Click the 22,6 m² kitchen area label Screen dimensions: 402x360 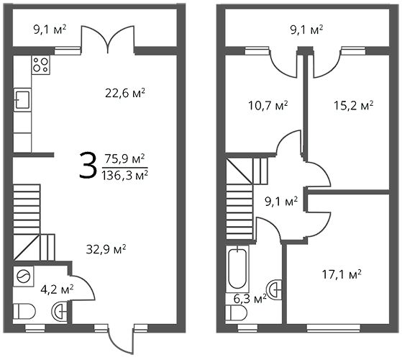(125, 93)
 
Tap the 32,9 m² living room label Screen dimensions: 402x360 (106, 249)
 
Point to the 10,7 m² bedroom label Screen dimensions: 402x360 (268, 105)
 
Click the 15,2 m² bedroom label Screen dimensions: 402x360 (353, 105)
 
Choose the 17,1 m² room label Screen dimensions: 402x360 (342, 274)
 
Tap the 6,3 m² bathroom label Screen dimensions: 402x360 (250, 299)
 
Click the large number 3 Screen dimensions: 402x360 (88, 166)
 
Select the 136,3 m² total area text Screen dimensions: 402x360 (124, 176)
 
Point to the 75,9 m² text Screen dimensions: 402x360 (125, 159)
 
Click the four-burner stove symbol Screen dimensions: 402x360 (41, 66)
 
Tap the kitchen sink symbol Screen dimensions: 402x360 (22, 100)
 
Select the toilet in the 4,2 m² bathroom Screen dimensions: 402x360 (24, 311)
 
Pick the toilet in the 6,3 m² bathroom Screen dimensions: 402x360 (237, 312)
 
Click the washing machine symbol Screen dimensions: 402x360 (24, 276)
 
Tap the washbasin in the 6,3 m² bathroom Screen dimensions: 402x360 (274, 289)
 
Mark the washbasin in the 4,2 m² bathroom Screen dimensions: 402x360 (60, 311)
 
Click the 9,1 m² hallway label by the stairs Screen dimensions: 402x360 (281, 202)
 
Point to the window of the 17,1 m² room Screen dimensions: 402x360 (333, 328)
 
